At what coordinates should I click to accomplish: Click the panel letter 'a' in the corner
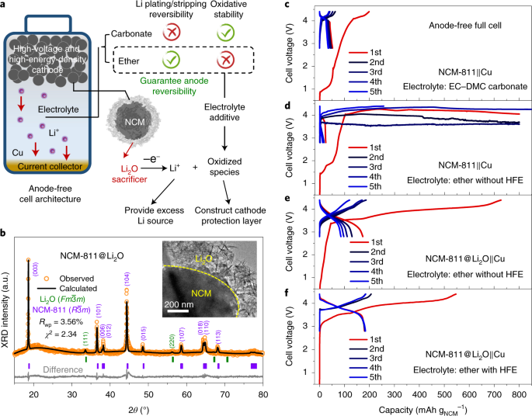[x=6, y=6]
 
